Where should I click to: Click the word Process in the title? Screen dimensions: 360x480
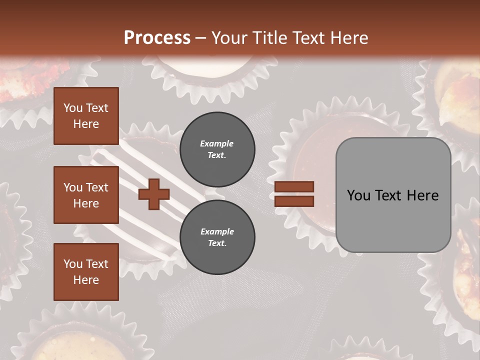point(157,37)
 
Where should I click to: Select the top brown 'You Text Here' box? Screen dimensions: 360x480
point(86,116)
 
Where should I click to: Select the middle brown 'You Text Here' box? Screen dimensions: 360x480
point(86,195)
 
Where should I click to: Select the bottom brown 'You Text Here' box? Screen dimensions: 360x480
point(86,272)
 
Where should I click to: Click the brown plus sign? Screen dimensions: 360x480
point(154,194)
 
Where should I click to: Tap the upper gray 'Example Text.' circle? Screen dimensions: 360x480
point(217,149)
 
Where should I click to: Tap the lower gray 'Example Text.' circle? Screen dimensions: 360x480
point(217,237)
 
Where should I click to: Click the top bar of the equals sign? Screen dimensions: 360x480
point(294,186)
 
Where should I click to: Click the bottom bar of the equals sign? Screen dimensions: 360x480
point(294,201)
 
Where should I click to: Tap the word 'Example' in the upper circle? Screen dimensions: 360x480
point(216,143)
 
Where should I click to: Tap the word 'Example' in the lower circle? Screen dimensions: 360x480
point(217,231)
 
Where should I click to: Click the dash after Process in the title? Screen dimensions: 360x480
point(200,38)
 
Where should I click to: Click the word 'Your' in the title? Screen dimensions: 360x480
point(228,37)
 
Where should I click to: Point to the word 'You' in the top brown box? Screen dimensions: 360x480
point(73,108)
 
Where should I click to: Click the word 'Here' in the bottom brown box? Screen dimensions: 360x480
point(86,280)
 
